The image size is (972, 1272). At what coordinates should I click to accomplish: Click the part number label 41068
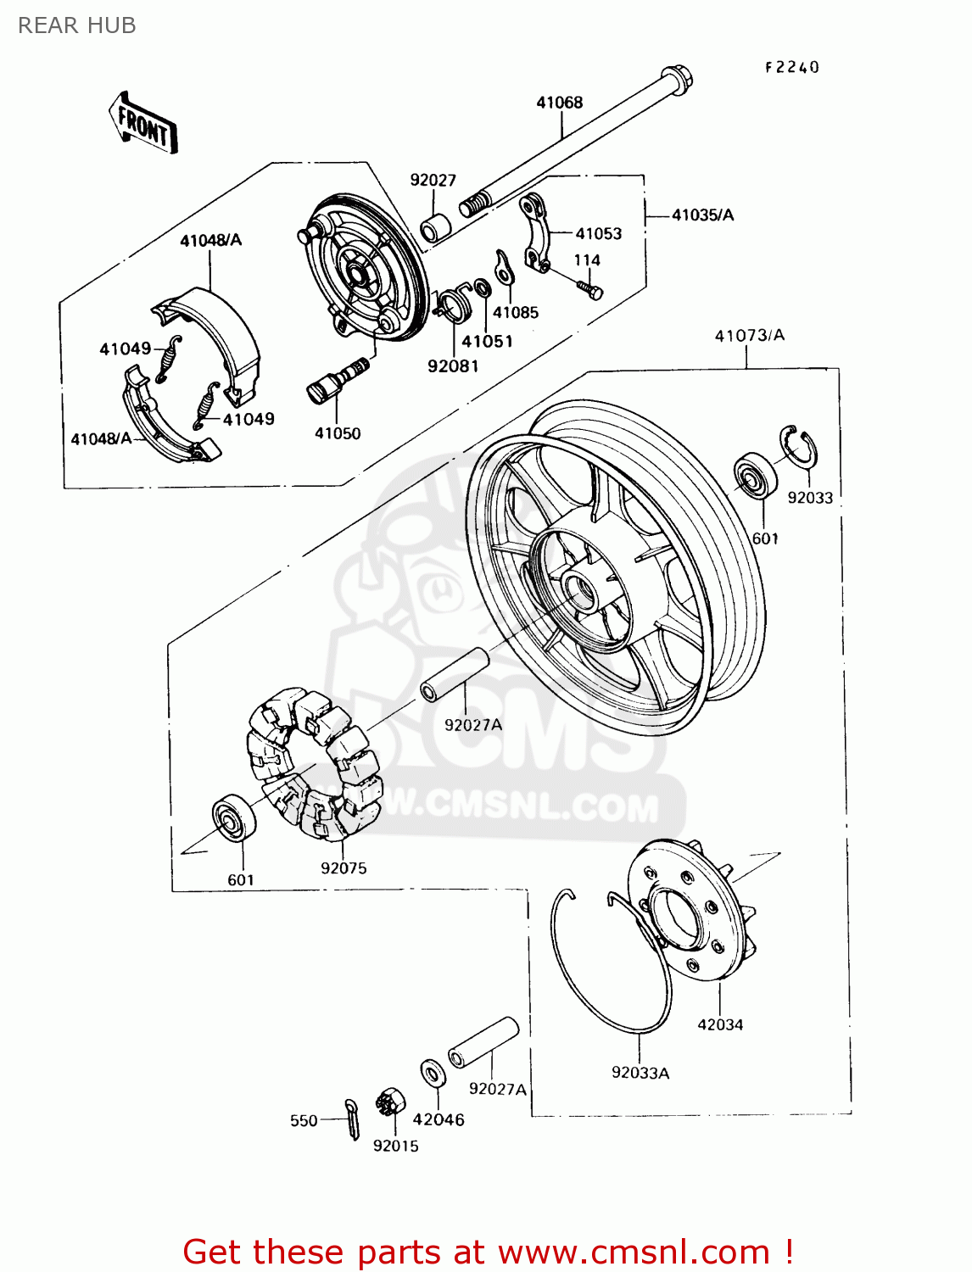click(x=559, y=103)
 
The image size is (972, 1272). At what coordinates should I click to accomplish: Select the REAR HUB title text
click(x=76, y=25)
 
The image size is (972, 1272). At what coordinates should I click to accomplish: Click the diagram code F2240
click(x=792, y=67)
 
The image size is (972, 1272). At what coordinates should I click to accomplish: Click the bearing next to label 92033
click(x=754, y=477)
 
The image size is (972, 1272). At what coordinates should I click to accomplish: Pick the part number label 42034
click(x=720, y=1024)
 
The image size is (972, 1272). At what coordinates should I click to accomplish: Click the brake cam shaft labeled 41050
click(x=337, y=381)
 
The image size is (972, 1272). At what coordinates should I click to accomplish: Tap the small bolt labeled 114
click(x=590, y=289)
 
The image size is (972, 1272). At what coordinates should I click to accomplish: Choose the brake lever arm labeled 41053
click(x=534, y=232)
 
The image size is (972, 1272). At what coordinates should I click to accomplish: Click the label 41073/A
click(x=749, y=336)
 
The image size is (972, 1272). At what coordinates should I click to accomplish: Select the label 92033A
click(x=640, y=1073)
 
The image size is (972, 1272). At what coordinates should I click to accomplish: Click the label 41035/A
click(x=702, y=215)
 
